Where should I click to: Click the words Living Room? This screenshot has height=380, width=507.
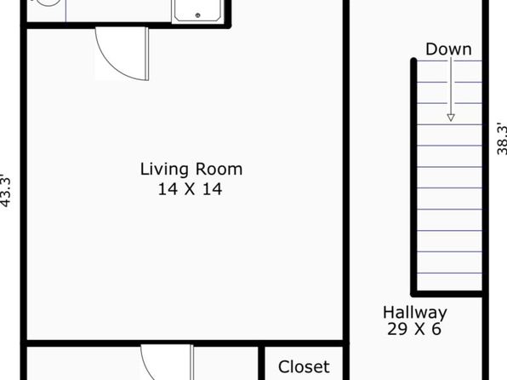(191, 170)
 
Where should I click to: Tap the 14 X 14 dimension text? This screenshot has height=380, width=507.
(191, 189)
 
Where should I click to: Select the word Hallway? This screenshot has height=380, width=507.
(415, 313)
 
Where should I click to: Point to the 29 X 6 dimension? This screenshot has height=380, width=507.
(414, 329)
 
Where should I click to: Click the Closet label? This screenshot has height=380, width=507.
(304, 367)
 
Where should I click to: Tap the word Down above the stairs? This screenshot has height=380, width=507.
(448, 49)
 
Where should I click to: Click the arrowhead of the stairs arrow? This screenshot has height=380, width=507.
(451, 118)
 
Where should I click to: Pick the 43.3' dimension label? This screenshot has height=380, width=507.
(6, 191)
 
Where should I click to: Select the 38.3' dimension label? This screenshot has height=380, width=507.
(502, 138)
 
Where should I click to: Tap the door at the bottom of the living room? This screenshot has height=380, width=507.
(167, 362)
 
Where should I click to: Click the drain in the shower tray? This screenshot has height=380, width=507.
(198, 14)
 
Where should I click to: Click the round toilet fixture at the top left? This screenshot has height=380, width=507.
(48, 3)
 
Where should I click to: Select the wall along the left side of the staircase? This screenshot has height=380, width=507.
(413, 176)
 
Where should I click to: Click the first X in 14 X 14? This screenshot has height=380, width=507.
(190, 189)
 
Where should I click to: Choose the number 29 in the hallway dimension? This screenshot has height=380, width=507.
(397, 329)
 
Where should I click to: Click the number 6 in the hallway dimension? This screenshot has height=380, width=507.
(436, 329)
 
